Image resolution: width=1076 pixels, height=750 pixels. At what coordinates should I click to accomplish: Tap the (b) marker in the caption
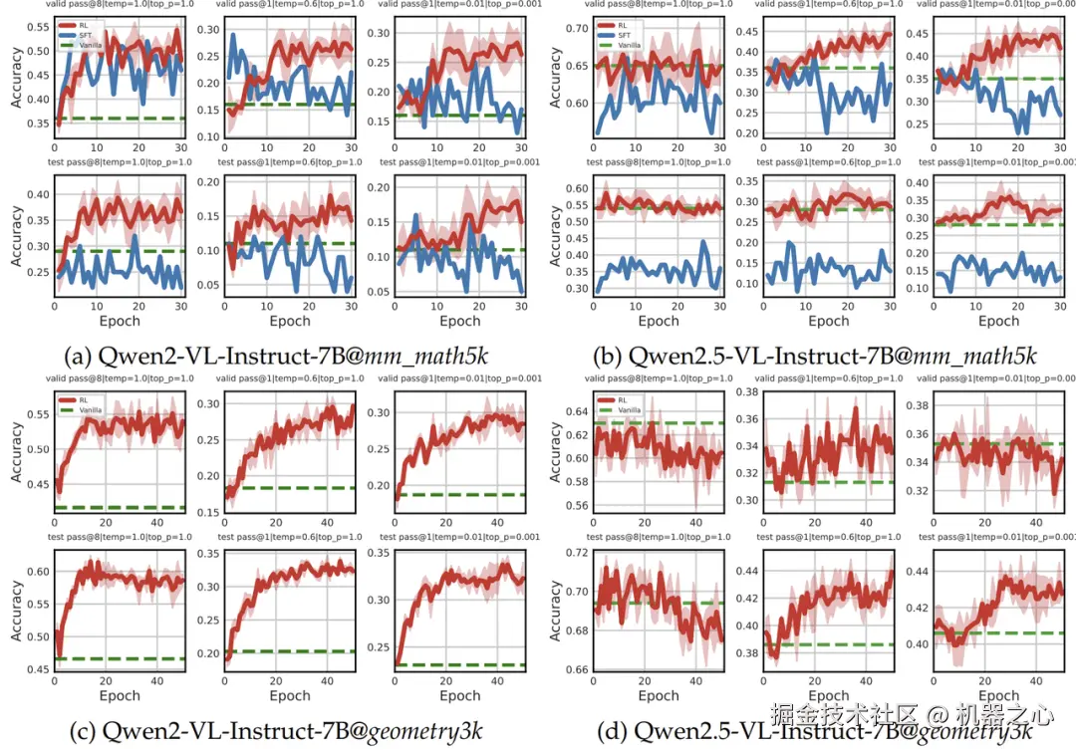[x=609, y=356]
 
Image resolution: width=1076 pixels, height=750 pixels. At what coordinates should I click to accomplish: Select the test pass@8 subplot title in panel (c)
[x=118, y=537]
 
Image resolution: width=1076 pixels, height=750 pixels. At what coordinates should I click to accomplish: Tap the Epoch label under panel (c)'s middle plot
[x=289, y=695]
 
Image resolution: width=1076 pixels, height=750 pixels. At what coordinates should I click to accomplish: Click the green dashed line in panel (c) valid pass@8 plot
[x=120, y=508]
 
